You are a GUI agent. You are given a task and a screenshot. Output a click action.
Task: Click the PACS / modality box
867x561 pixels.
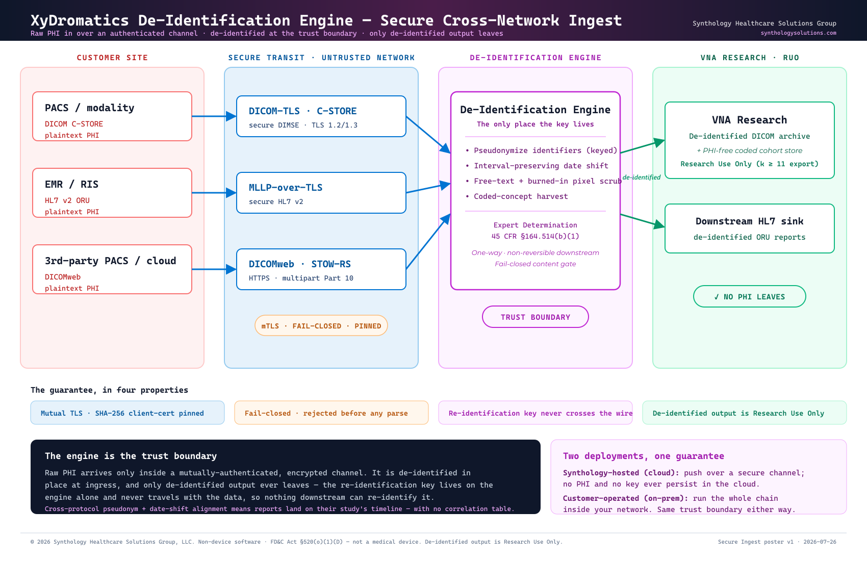pyautogui.click(x=112, y=116)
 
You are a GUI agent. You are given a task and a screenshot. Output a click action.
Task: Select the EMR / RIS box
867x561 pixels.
pyautogui.click(x=112, y=193)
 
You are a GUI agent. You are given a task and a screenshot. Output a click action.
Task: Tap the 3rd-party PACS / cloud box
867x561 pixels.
pyautogui.click(x=112, y=269)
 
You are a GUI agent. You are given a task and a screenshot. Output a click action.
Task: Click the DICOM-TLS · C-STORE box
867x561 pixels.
pyautogui.click(x=321, y=116)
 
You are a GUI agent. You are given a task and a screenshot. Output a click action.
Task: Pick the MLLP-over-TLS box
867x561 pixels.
pyautogui.click(x=321, y=193)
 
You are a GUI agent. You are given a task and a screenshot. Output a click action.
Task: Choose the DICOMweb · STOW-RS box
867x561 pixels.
pyautogui.click(x=321, y=269)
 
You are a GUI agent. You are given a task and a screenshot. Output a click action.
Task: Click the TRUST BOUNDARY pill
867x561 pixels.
pyautogui.click(x=535, y=317)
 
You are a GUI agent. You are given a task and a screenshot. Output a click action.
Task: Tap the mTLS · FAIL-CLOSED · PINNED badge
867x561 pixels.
pyautogui.click(x=321, y=325)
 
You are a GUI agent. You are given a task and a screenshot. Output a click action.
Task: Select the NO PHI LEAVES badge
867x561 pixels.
pyautogui.click(x=749, y=297)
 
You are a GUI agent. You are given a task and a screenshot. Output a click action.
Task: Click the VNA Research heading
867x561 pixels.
pyautogui.click(x=749, y=120)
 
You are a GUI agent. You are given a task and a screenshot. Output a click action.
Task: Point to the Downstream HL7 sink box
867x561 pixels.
pyautogui.click(x=749, y=228)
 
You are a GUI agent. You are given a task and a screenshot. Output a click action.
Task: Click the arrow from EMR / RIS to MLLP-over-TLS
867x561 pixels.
pyautogui.click(x=214, y=193)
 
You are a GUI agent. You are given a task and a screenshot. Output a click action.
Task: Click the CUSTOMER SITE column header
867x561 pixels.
pyautogui.click(x=112, y=58)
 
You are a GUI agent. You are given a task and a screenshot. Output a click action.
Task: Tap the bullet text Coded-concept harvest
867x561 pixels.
pyautogui.click(x=521, y=196)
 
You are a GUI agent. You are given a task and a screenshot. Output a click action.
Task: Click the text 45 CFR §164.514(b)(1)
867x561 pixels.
pyautogui.click(x=535, y=236)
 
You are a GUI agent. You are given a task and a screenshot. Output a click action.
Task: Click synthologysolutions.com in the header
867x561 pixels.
pyautogui.click(x=799, y=33)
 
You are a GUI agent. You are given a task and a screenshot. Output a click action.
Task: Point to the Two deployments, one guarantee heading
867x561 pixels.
pyautogui.click(x=643, y=456)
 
